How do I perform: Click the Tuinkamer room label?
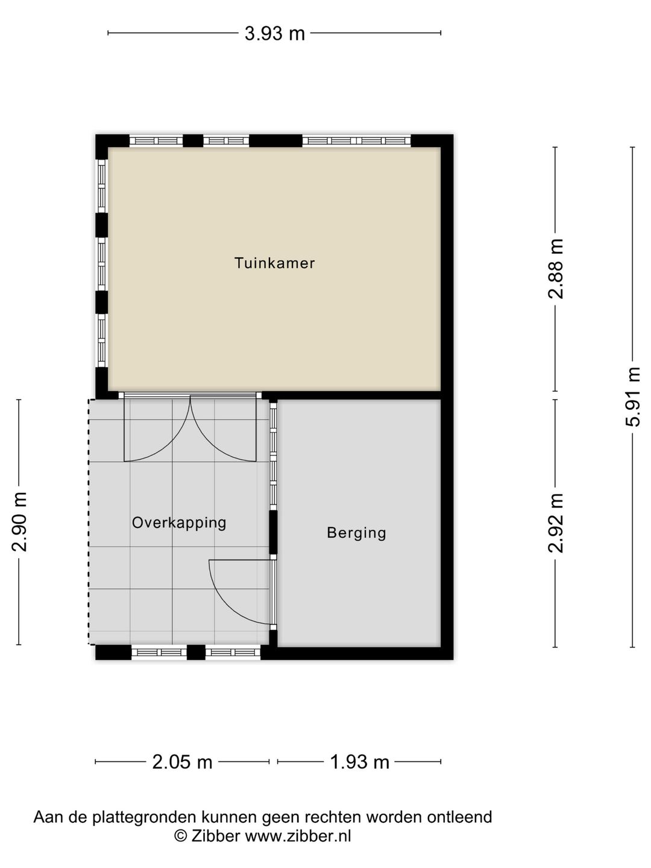click(274, 263)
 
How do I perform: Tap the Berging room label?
click(356, 532)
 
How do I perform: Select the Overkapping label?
click(179, 522)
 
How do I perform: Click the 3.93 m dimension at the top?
click(274, 33)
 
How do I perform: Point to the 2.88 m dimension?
click(555, 268)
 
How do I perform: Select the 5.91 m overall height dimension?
click(632, 396)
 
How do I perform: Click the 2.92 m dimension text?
click(555, 523)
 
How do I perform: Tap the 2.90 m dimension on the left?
click(19, 521)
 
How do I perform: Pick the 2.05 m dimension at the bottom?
click(182, 762)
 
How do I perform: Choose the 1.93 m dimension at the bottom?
click(359, 762)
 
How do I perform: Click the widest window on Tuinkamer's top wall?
click(356, 141)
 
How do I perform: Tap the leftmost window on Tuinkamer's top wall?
click(156, 141)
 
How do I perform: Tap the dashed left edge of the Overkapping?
click(89, 521)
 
